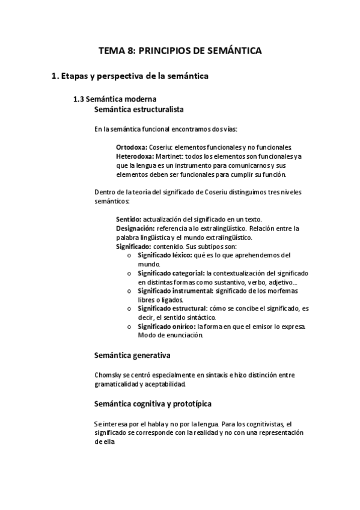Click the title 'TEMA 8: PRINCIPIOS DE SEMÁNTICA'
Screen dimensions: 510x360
[x=180, y=52]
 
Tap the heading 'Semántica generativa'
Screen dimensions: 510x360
[x=132, y=355]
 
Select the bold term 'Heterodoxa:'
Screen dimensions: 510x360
[x=135, y=156]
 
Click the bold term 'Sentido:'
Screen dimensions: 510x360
[x=129, y=220]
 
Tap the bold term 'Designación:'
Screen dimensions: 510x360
[x=135, y=229]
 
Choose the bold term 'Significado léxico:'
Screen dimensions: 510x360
[x=164, y=255]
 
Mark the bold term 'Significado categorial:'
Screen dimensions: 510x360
[x=171, y=273]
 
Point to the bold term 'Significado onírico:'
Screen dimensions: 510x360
[x=166, y=327]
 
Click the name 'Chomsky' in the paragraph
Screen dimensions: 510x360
[x=108, y=375]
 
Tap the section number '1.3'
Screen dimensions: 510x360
[x=78, y=99]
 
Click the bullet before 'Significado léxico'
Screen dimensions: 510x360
[x=129, y=256]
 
